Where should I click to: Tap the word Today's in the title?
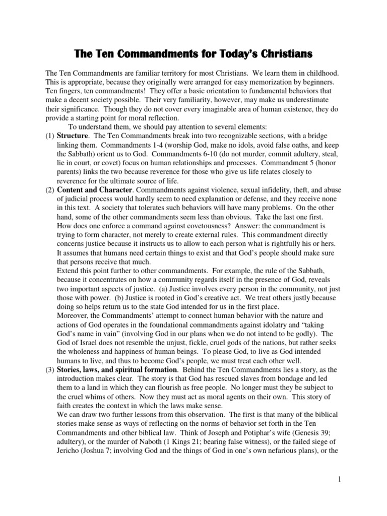click(240, 53)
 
